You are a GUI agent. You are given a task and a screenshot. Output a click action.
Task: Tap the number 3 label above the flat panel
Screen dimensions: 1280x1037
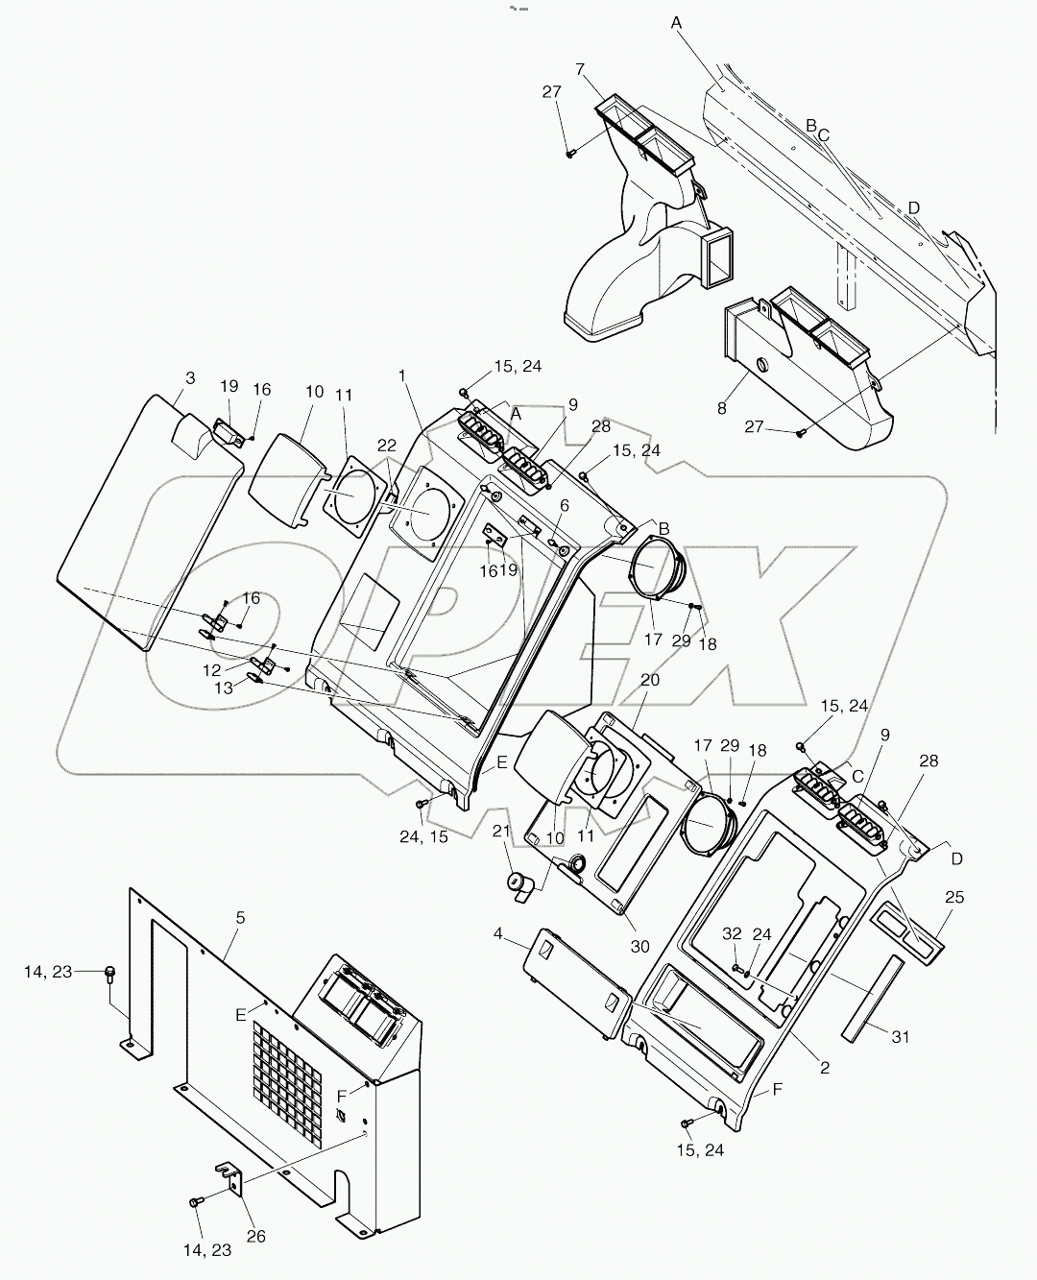(190, 378)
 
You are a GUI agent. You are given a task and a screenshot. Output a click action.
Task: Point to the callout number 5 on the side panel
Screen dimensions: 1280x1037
(240, 918)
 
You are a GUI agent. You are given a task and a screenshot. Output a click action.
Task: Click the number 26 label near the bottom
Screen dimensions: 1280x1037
(255, 1237)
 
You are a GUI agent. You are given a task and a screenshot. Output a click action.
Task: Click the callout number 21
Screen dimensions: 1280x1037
(500, 831)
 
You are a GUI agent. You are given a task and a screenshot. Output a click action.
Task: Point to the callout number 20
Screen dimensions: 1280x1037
(650, 679)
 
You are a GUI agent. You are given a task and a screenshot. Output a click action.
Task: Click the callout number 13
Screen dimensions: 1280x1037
(223, 688)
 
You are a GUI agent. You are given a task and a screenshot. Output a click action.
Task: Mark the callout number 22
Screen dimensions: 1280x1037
(386, 445)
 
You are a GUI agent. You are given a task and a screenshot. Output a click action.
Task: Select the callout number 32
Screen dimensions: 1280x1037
(733, 932)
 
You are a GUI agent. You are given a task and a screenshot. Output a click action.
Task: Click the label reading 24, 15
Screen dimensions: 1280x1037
(423, 836)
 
